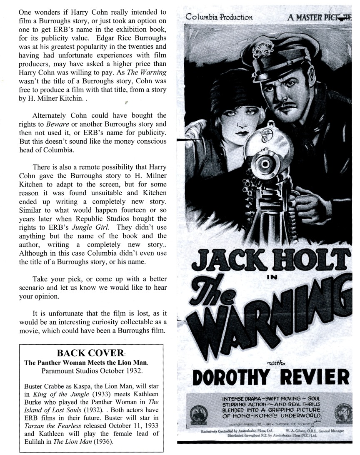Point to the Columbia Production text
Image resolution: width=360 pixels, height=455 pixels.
click(x=219, y=17)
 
